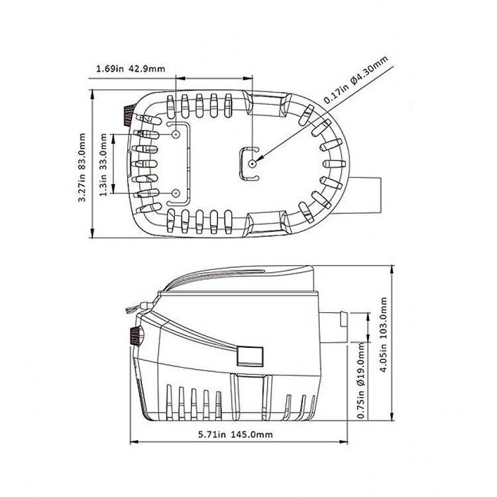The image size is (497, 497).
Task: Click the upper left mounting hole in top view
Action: coord(176,135)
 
